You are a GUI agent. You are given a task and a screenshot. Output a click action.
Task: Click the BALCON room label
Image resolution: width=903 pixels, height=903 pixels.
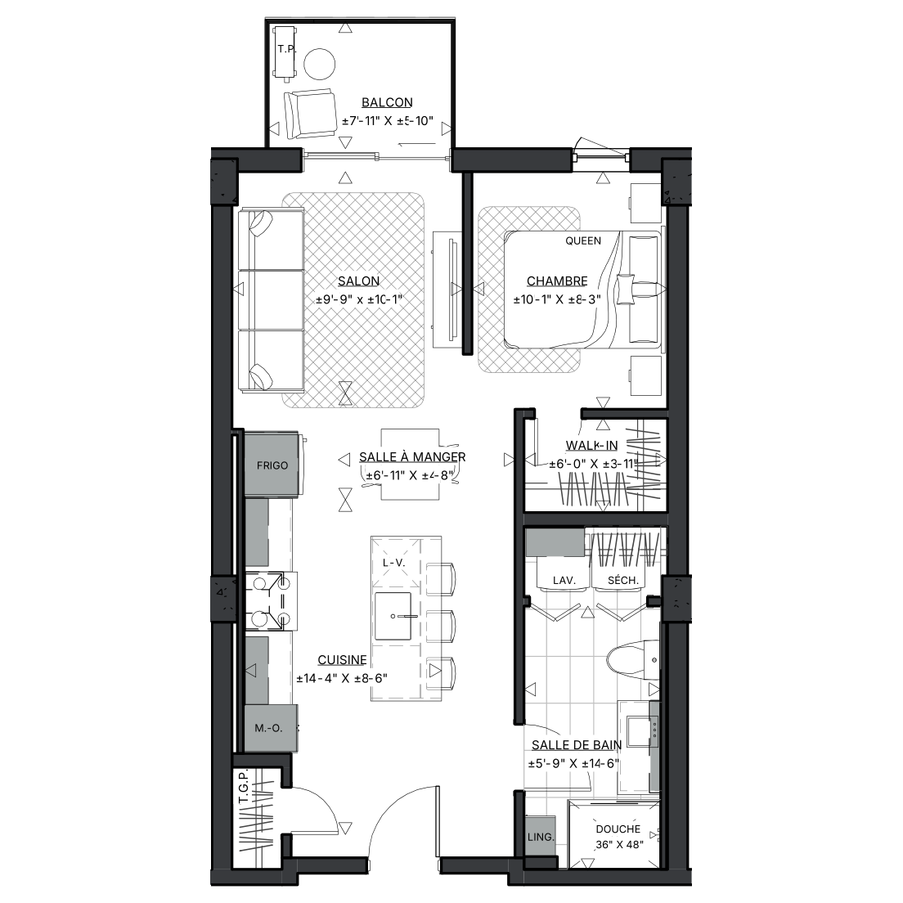tap(387, 102)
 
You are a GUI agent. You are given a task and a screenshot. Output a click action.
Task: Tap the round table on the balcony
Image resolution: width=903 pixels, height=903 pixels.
tap(319, 64)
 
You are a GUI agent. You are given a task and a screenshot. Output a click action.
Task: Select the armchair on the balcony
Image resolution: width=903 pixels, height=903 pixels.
tap(310, 114)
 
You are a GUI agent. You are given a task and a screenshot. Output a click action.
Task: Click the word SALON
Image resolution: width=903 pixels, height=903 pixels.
tap(358, 281)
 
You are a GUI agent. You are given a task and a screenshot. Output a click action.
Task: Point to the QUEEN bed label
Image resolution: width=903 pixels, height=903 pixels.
tap(583, 240)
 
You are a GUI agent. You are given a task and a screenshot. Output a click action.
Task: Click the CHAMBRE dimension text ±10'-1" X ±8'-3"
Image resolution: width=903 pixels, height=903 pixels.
tap(557, 299)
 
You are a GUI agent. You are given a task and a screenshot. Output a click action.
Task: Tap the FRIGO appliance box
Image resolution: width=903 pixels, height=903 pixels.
tap(272, 464)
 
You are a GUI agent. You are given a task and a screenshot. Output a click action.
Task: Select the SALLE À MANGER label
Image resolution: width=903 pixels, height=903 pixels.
tap(412, 456)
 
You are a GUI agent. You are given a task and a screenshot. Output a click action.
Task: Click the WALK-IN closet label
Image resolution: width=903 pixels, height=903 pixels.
tap(591, 445)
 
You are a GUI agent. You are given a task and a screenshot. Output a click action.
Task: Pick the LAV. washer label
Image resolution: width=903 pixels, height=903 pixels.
tap(564, 581)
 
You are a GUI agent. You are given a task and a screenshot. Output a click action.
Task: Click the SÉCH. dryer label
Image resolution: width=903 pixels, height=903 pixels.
tap(623, 580)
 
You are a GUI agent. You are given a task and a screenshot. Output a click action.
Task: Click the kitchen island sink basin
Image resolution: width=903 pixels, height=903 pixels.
tap(393, 616)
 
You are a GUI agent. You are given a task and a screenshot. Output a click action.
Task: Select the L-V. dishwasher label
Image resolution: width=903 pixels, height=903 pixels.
tap(394, 563)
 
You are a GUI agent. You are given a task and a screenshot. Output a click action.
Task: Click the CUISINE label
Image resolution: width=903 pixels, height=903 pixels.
tap(342, 660)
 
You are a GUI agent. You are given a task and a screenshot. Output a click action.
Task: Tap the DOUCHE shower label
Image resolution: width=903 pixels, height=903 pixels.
tap(618, 829)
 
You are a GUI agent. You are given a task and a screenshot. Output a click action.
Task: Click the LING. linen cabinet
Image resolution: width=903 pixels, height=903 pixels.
tap(540, 837)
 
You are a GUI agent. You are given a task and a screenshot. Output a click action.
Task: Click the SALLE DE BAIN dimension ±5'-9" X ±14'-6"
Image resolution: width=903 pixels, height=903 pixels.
tap(573, 764)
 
